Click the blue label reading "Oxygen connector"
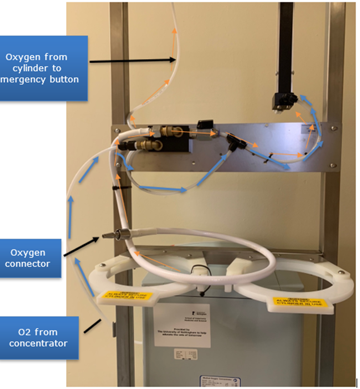click(x=31, y=258)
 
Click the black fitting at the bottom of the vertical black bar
click(x=284, y=100)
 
